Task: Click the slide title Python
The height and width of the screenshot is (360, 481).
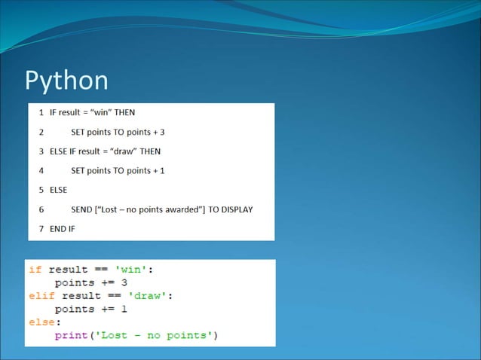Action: click(67, 81)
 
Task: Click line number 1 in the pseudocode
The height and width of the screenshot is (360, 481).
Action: click(41, 113)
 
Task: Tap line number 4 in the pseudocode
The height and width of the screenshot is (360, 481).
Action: click(41, 170)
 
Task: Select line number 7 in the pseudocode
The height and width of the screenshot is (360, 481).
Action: click(41, 228)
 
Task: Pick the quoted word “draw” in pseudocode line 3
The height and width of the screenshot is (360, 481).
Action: click(124, 151)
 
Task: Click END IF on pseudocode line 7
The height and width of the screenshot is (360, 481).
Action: click(63, 228)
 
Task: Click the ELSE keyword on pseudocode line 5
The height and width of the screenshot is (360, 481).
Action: click(58, 190)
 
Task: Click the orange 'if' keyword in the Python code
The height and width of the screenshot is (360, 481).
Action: click(35, 270)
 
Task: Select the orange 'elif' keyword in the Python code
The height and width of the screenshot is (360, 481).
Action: click(42, 296)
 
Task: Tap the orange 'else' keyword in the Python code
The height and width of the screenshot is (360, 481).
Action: click(42, 322)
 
